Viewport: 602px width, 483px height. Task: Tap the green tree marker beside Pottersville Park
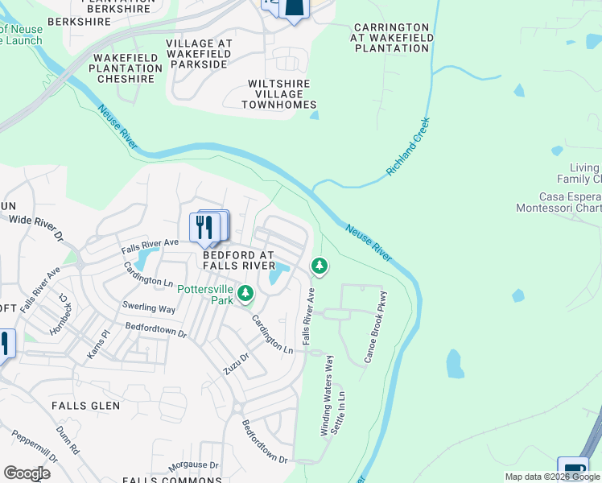pyautogui.click(x=245, y=295)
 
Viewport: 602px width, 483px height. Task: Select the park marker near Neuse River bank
pyautogui.click(x=320, y=265)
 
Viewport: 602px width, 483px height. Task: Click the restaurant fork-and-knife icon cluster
pyautogui.click(x=208, y=228)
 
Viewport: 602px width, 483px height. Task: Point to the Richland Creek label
pyautogui.click(x=408, y=147)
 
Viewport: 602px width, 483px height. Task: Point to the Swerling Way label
pyautogui.click(x=149, y=308)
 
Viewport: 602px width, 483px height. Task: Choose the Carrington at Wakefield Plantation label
pyautogui.click(x=391, y=38)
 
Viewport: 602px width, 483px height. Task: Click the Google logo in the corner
pyautogui.click(x=27, y=473)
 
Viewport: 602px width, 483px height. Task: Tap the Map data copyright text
pyautogui.click(x=552, y=477)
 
